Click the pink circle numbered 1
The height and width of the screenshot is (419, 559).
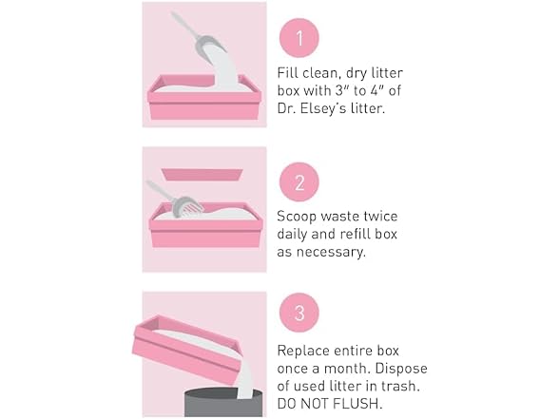tap(299, 38)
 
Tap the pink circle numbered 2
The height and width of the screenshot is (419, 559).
tap(299, 182)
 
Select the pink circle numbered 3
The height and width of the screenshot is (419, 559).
tap(299, 313)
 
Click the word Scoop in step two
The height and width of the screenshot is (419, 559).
tap(297, 217)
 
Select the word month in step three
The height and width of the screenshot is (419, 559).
tap(346, 368)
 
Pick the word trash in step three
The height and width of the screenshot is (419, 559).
tap(400, 386)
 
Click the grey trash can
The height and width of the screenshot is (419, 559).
tap(223, 403)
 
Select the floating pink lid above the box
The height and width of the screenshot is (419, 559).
tap(202, 175)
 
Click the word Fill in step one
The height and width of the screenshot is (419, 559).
tap(287, 72)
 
